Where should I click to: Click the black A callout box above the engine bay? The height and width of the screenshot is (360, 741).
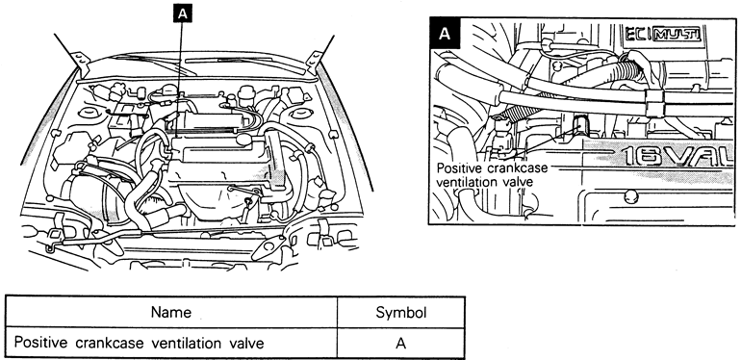click(x=183, y=14)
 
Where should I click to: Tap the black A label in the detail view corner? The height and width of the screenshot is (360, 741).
click(x=445, y=34)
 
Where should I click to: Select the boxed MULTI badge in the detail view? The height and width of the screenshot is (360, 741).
click(x=676, y=35)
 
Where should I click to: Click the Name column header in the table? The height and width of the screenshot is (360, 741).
click(x=171, y=312)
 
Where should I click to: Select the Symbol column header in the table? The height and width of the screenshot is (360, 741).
click(x=400, y=313)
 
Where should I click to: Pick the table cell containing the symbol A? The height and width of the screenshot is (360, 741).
click(x=400, y=343)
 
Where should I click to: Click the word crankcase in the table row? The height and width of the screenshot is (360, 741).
click(x=109, y=343)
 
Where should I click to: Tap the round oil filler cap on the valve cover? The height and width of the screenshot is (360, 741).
click(x=243, y=139)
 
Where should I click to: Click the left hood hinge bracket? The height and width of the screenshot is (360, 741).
click(x=82, y=63)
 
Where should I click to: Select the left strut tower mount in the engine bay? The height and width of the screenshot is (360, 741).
click(x=88, y=113)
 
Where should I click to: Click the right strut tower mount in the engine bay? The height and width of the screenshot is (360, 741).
click(x=299, y=113)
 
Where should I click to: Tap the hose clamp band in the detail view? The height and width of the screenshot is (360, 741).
click(x=654, y=104)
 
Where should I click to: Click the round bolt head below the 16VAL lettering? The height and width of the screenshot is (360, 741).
click(x=630, y=196)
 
